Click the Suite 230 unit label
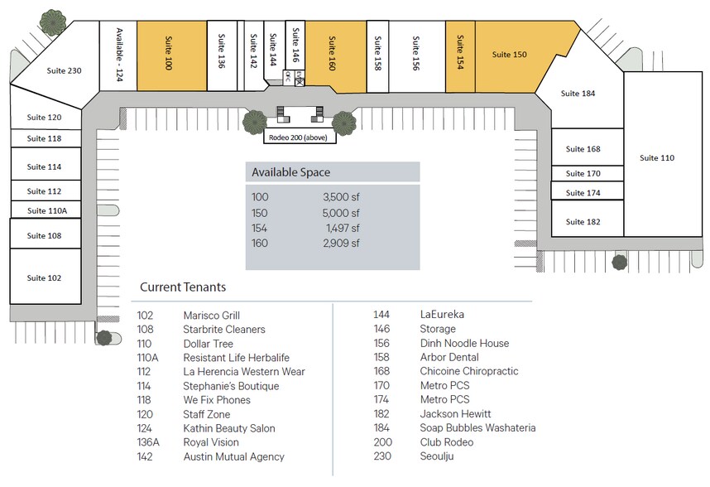pyautogui.click(x=64, y=70)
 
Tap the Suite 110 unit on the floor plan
pyautogui.click(x=657, y=157)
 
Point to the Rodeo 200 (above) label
pyautogui.click(x=300, y=138)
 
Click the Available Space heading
pyautogui.click(x=290, y=172)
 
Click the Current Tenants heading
pyautogui.click(x=182, y=287)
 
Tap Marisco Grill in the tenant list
pyautogui.click(x=211, y=316)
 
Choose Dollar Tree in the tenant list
pyautogui.click(x=208, y=344)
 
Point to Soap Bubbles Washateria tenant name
pyautogui.click(x=477, y=428)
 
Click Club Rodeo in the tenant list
pyautogui.click(x=447, y=442)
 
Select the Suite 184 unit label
pyautogui.click(x=578, y=94)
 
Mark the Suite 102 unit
pyautogui.click(x=44, y=278)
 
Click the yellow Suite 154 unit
pyautogui.click(x=460, y=54)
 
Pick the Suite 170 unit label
pyautogui.click(x=583, y=174)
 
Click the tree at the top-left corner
pyautogui.click(x=54, y=22)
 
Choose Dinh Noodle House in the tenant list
pyautogui.click(x=464, y=344)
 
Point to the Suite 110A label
pyautogui.click(x=46, y=211)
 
